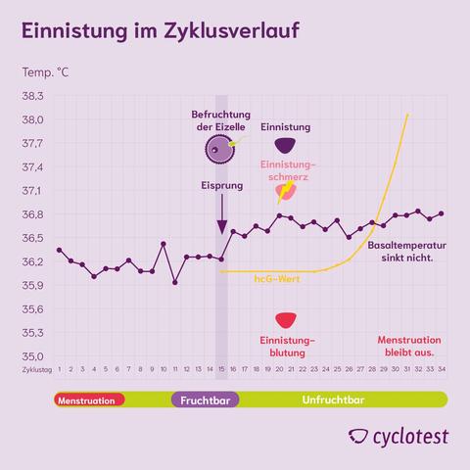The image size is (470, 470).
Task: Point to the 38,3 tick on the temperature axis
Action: pyautogui.click(x=33, y=96)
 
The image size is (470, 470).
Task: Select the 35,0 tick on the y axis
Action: pyautogui.click(x=33, y=356)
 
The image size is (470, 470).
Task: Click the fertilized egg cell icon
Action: pyautogui.click(x=221, y=149)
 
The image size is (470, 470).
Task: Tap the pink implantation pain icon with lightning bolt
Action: pyautogui.click(x=285, y=191)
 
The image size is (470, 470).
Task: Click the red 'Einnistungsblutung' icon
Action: pyautogui.click(x=285, y=321)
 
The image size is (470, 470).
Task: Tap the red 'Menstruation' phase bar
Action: pyautogui.click(x=89, y=400)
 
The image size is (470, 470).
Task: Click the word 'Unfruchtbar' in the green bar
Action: pyautogui.click(x=333, y=400)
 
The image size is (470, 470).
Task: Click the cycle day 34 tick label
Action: pyautogui.click(x=442, y=371)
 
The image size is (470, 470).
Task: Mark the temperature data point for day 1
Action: pyautogui.click(x=59, y=250)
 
